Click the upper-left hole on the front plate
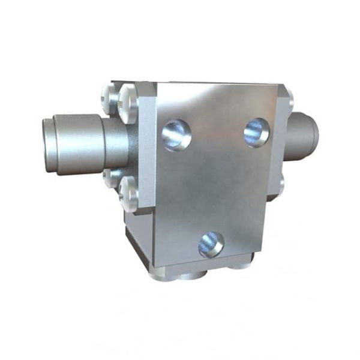point(176,134)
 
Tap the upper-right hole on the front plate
point(256,132)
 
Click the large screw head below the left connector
point(128,193)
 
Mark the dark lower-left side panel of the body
point(134,240)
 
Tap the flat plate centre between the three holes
point(216,180)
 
